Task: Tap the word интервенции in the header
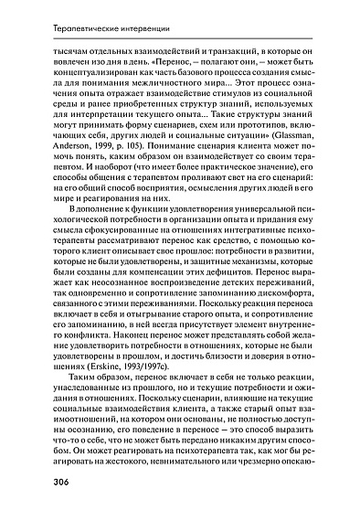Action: tap(141, 32)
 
